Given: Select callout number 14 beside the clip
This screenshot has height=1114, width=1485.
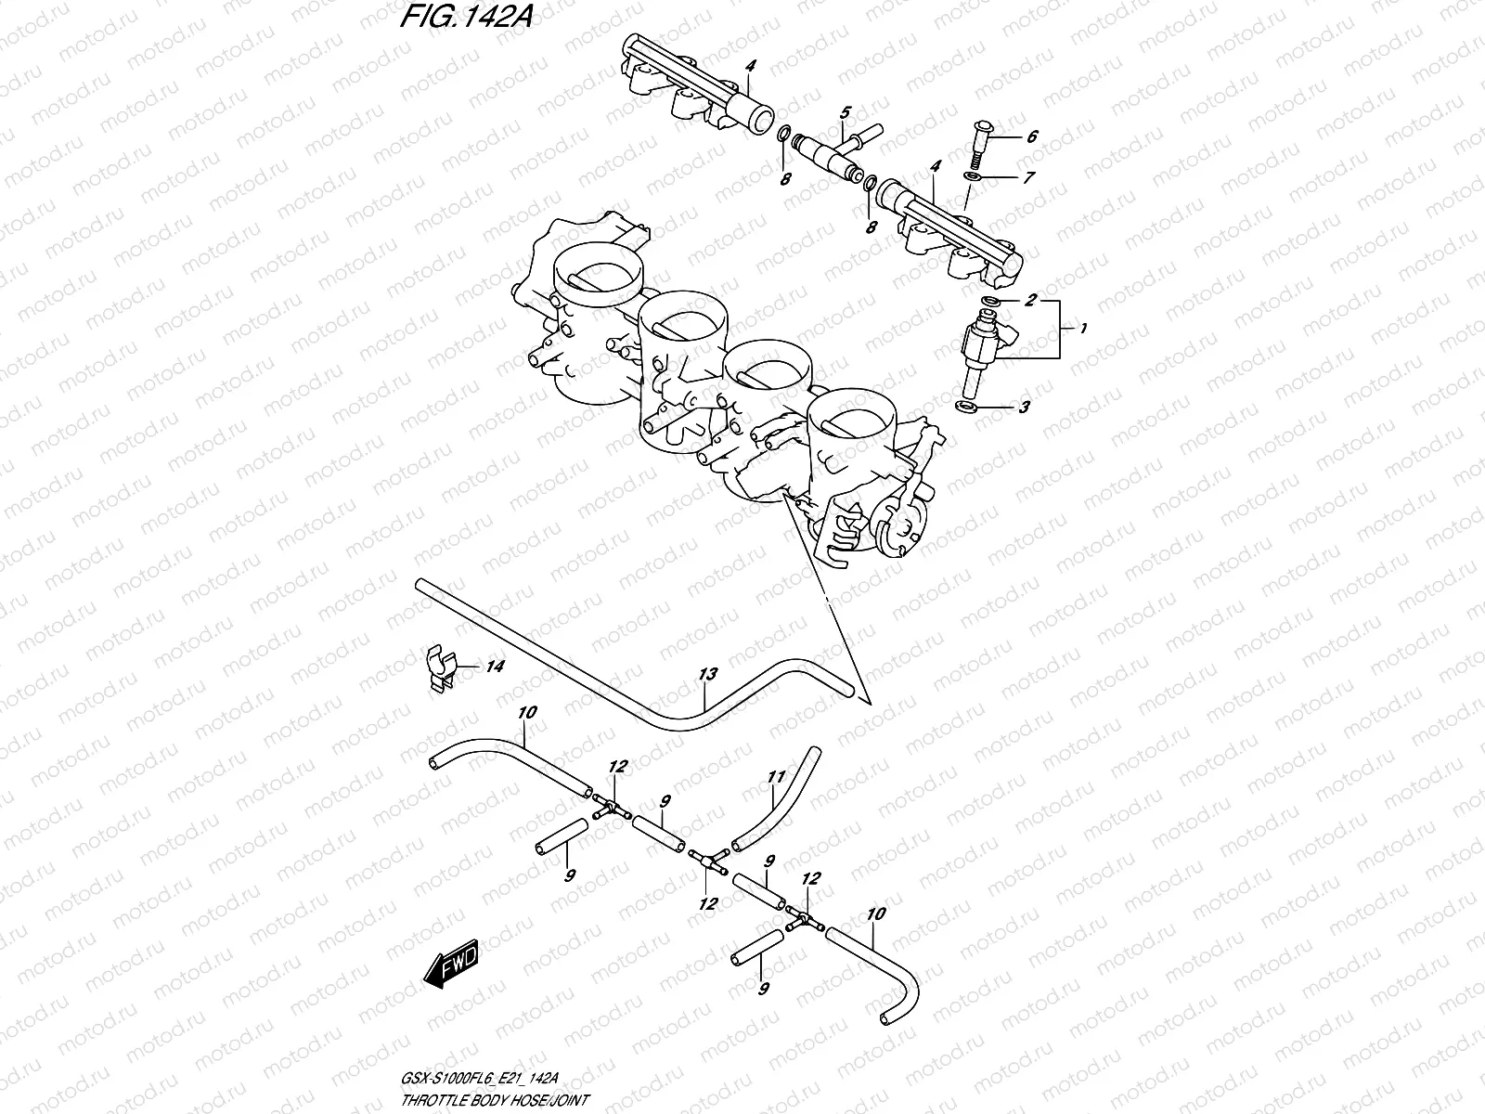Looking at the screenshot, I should [x=495, y=667].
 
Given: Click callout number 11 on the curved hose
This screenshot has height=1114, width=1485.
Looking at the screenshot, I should [x=776, y=777].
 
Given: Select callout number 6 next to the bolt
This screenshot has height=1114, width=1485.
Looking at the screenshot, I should [x=1032, y=136].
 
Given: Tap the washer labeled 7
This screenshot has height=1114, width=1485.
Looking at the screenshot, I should [x=973, y=175].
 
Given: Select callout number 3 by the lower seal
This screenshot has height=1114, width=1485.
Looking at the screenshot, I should [x=1024, y=407].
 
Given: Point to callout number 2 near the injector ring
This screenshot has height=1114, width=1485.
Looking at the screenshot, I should [x=1030, y=301].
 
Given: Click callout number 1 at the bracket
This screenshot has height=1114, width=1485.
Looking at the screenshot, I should [x=1084, y=329].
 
